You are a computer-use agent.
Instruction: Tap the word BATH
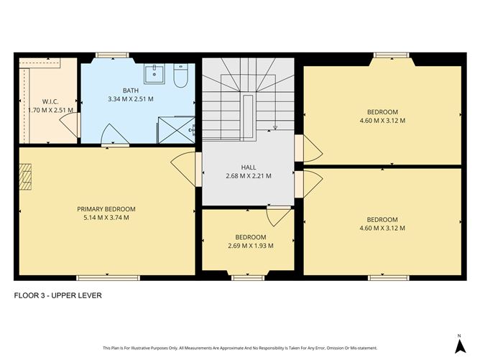[x=130, y=91]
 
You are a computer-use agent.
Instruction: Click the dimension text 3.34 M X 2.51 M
[x=130, y=99]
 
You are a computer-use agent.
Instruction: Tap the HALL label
[x=248, y=167]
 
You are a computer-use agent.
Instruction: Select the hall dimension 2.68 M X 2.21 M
[x=248, y=175]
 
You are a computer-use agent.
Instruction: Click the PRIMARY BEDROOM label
[x=106, y=209]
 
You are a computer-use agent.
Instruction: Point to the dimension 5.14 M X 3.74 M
[x=106, y=218]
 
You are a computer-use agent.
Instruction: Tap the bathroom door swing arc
[x=107, y=134]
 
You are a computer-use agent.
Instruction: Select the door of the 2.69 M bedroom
[x=276, y=216]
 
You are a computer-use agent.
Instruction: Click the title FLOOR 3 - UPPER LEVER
[x=57, y=295]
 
